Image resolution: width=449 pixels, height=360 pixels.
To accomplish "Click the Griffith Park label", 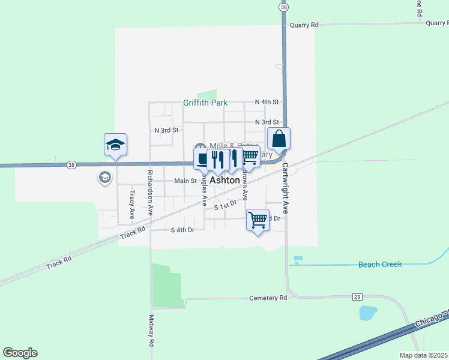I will [x=205, y=103].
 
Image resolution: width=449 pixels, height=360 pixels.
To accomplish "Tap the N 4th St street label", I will [x=267, y=102].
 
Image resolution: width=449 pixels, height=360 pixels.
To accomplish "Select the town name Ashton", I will [x=225, y=180].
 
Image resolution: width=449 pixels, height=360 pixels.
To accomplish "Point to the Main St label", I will [x=185, y=181].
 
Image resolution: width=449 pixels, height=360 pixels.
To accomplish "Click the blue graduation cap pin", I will [x=115, y=145].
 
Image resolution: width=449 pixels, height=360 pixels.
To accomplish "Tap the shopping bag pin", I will [x=279, y=139].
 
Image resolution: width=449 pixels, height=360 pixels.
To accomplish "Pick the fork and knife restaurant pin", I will [x=217, y=159].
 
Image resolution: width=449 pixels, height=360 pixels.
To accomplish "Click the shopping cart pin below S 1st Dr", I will [x=258, y=220].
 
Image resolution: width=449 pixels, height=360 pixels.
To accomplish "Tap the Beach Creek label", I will [x=379, y=264].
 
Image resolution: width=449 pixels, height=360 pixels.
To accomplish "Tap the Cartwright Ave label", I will [x=286, y=188].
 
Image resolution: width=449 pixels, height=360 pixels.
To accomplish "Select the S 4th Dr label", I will [x=182, y=230].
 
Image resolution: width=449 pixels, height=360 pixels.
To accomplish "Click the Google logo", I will [x=20, y=353].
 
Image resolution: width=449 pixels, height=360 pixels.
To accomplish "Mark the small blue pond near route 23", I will [x=367, y=313].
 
